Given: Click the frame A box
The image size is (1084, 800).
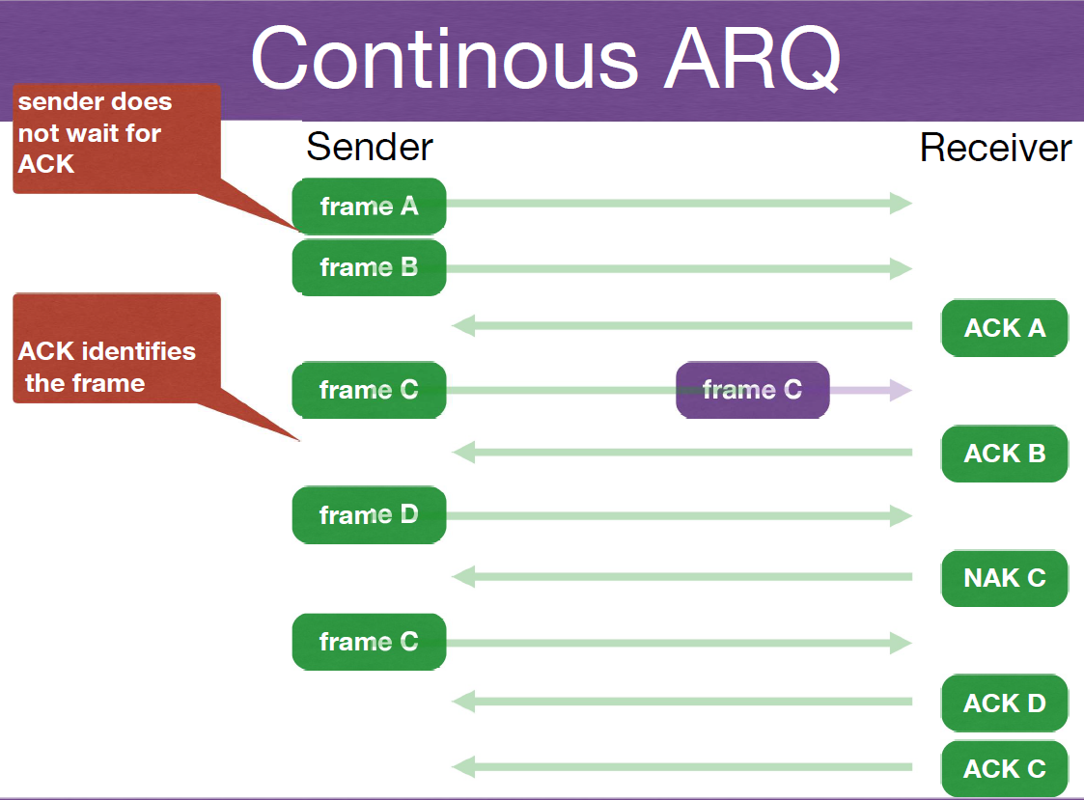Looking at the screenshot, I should pyautogui.click(x=369, y=206).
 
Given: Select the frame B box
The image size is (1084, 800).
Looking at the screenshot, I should pyautogui.click(x=369, y=267).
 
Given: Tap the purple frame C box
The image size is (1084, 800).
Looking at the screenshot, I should pyautogui.click(x=752, y=390).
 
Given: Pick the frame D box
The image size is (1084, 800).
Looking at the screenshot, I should pyautogui.click(x=369, y=515).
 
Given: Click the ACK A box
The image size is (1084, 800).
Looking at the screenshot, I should pyautogui.click(x=1005, y=328).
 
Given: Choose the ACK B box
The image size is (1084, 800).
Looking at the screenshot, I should pyautogui.click(x=1005, y=454).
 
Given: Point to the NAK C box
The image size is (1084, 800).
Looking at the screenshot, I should pyautogui.click(x=1005, y=578).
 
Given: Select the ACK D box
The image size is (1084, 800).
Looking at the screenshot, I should pyautogui.click(x=1005, y=703).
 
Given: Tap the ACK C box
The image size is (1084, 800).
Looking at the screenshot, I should pyautogui.click(x=1005, y=769).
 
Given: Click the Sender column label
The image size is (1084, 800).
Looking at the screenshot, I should pyautogui.click(x=370, y=148).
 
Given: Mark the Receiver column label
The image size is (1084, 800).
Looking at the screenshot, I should pyautogui.click(x=995, y=148).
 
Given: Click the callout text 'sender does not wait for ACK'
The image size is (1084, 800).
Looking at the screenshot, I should pyautogui.click(x=95, y=133).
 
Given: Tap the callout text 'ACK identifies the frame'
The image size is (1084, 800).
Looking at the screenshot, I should pyautogui.click(x=106, y=367).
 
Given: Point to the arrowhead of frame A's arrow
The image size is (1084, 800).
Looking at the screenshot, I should pyautogui.click(x=901, y=203).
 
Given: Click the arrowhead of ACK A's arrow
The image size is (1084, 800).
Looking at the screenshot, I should pyautogui.click(x=464, y=326).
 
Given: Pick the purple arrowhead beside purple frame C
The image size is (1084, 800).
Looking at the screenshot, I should pyautogui.click(x=901, y=390).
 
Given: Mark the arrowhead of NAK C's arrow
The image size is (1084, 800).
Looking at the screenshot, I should pyautogui.click(x=464, y=577).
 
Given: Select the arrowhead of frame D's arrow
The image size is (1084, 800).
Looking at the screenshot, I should pyautogui.click(x=901, y=516).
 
